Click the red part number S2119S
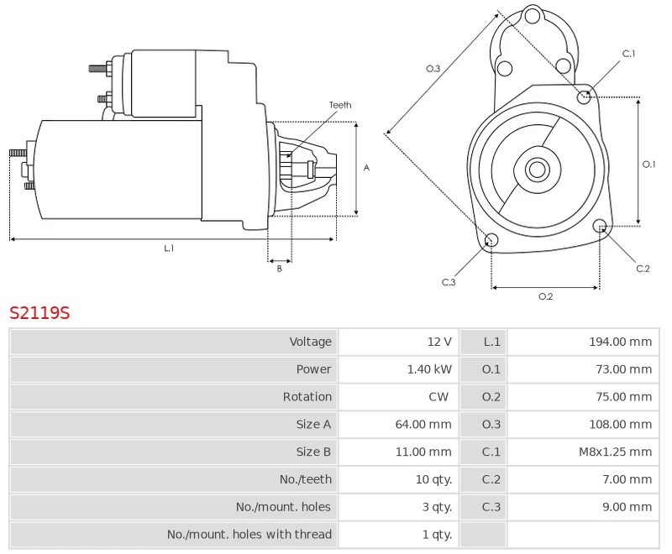pyautogui.click(x=39, y=313)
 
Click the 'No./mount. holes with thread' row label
pyautogui.click(x=249, y=535)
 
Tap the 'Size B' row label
pyautogui.click(x=313, y=452)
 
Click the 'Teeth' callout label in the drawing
pyautogui.click(x=340, y=105)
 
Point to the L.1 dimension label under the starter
pyautogui.click(x=169, y=248)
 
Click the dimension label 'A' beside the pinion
pyautogui.click(x=366, y=168)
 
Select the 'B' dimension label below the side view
pyautogui.click(x=280, y=269)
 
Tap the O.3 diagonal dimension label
pyautogui.click(x=433, y=69)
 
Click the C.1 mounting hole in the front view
pyautogui.click(x=585, y=97)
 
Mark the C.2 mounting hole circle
pyautogui.click(x=600, y=226)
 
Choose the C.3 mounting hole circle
pyautogui.click(x=492, y=242)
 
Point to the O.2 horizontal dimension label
pyautogui.click(x=545, y=296)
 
